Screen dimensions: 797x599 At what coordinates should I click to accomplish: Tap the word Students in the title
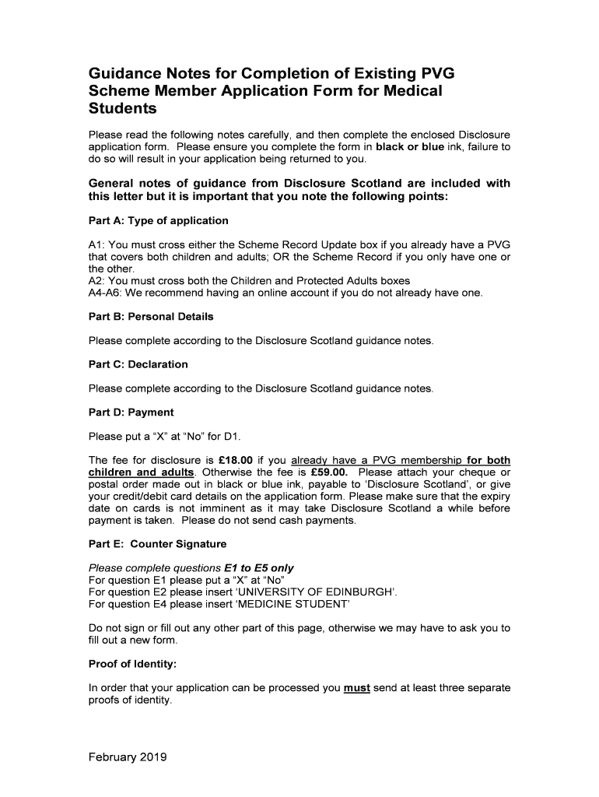pos(123,108)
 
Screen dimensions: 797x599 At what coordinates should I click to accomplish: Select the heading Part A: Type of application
pos(159,220)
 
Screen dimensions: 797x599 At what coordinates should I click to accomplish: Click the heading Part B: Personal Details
pos(151,317)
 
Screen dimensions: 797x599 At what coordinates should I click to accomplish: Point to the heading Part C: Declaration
pos(138,364)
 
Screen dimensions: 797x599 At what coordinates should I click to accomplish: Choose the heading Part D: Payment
pos(131,413)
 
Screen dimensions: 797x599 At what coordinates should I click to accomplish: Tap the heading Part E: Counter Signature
pos(158,544)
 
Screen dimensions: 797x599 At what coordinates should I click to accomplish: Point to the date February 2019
pos(128,757)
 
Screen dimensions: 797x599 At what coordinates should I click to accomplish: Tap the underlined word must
pos(356,688)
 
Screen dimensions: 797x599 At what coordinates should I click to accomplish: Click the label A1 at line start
pos(96,244)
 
